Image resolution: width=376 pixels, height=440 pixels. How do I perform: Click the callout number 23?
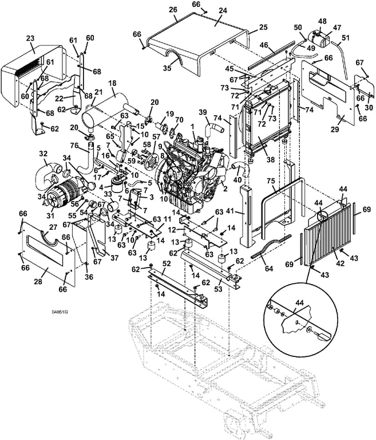[x=30, y=38]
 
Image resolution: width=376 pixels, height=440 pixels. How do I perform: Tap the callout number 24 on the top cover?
[x=223, y=11]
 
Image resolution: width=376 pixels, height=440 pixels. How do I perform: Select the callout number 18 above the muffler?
[x=112, y=83]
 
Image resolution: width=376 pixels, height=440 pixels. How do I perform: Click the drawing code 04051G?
[x=60, y=312]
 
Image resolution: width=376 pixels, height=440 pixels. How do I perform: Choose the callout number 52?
[x=167, y=263]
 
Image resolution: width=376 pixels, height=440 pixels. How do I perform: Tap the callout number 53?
[x=218, y=289]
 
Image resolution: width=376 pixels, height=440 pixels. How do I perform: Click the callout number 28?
[x=38, y=281]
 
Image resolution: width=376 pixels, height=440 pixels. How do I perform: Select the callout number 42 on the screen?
[x=340, y=264]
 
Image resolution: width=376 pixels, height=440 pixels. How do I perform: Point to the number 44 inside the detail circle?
[x=299, y=302]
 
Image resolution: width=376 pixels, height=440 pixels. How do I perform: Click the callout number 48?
[x=322, y=21]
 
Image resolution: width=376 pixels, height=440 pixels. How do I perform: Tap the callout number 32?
[x=43, y=154]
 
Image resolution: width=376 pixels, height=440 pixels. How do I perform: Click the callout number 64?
[x=268, y=269]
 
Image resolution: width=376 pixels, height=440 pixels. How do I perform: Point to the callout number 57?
[x=156, y=137]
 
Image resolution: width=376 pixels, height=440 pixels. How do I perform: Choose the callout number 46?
[x=264, y=45]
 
